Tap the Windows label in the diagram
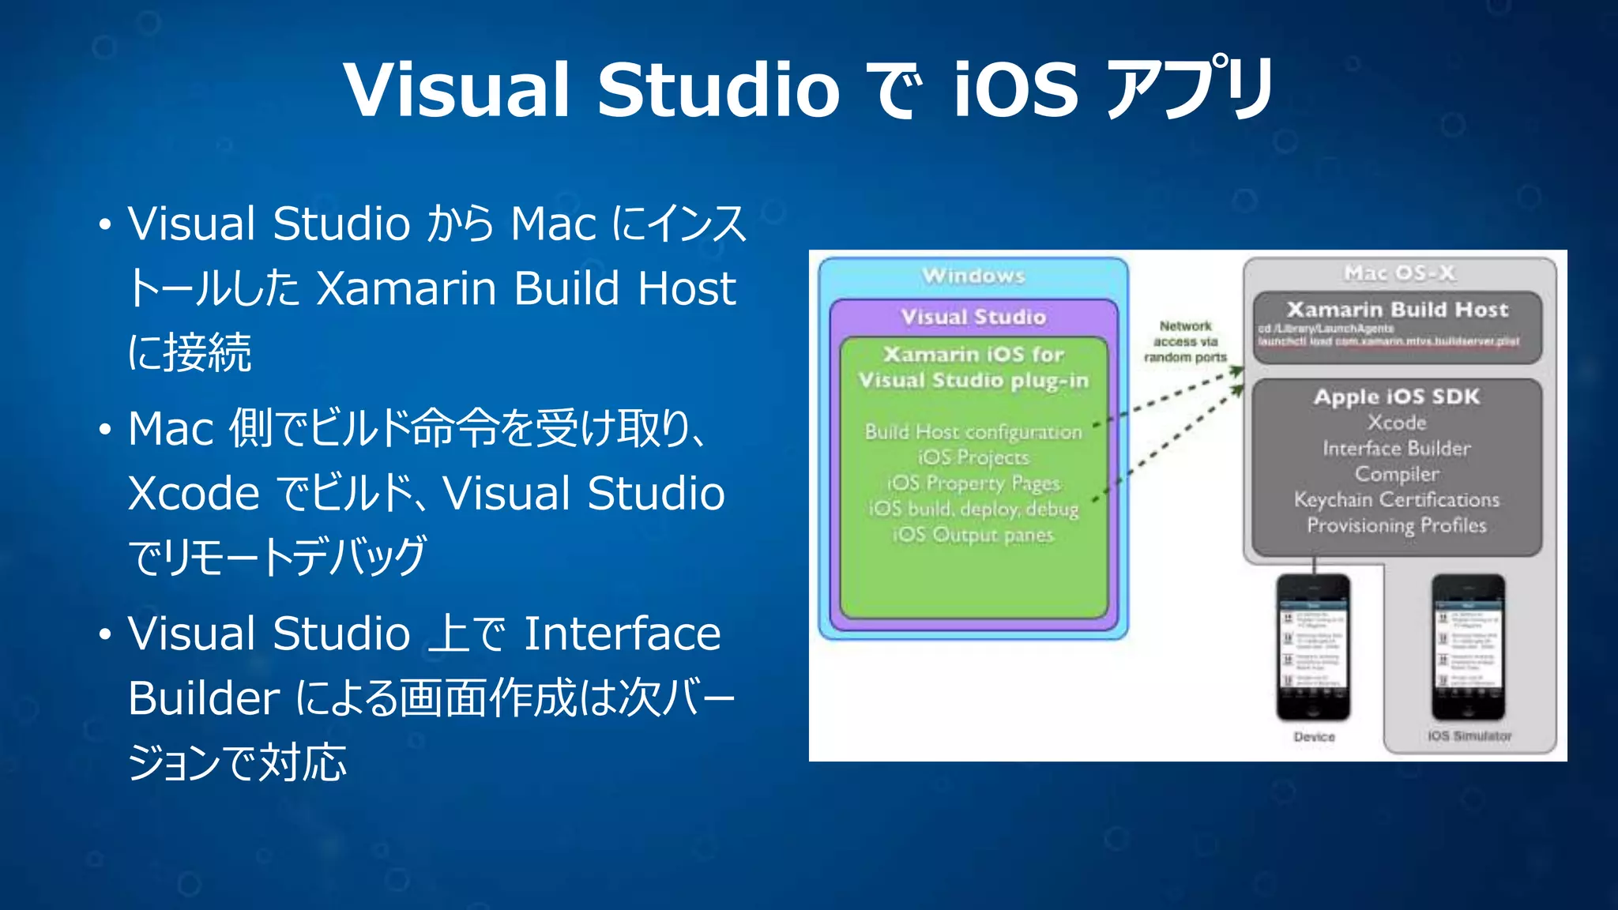tap(973, 276)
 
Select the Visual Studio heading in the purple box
tap(973, 317)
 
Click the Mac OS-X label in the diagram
tap(1399, 273)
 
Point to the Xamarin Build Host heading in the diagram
tap(1397, 309)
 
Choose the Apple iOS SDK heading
tap(1397, 397)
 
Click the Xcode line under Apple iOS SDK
tap(1397, 423)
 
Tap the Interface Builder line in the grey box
tap(1397, 449)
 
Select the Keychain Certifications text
tap(1397, 500)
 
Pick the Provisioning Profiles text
tap(1397, 525)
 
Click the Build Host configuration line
tap(973, 432)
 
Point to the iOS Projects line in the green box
tap(973, 457)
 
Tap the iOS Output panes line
tap(973, 535)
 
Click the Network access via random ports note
tap(1185, 341)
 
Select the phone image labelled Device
tap(1313, 647)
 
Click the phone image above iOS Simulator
tap(1468, 647)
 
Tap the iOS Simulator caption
tap(1469, 735)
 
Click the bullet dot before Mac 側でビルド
tap(105, 431)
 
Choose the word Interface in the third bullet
tap(622, 634)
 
